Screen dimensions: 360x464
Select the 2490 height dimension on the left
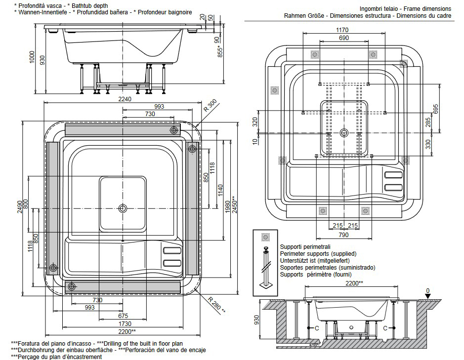(19, 206)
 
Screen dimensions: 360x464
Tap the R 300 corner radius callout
(210, 106)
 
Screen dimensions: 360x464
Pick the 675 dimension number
(123, 316)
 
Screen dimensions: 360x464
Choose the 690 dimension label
(344, 38)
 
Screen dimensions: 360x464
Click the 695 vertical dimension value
(435, 109)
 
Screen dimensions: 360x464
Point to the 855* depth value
(220, 50)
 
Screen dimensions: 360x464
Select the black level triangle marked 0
(428, 296)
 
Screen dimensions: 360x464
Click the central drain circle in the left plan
(123, 208)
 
